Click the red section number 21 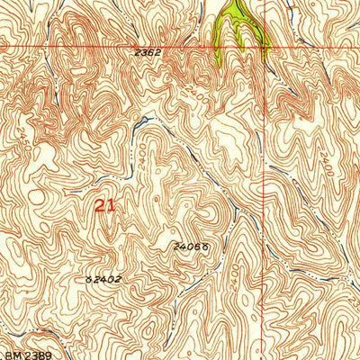[x=104, y=205]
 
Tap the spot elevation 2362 [x=147, y=53]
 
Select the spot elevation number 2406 [x=181, y=245]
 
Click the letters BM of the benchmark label [x=9, y=345]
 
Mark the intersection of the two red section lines [x=265, y=46]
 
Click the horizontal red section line [x=90, y=46]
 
